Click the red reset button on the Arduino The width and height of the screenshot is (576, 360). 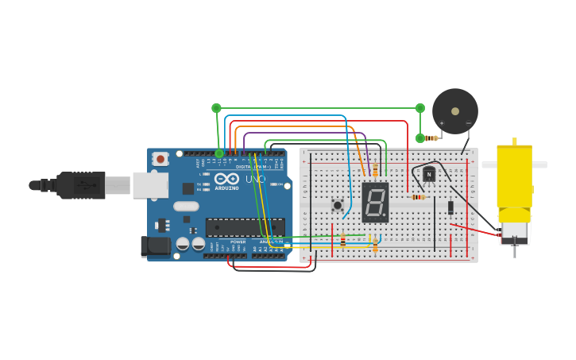(160, 159)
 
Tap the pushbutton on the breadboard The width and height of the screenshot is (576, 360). (338, 205)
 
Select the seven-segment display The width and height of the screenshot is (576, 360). (375, 202)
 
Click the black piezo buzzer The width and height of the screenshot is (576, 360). (454, 110)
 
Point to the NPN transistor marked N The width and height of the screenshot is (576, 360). (429, 174)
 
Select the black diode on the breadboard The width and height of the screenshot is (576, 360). (450, 207)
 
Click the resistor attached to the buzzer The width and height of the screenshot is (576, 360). (431, 138)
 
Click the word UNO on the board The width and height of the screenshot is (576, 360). (255, 180)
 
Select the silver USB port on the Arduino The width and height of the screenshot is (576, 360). (150, 185)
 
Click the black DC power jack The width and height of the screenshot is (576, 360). (156, 246)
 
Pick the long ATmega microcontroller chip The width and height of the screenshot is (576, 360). (245, 227)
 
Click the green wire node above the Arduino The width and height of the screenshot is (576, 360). (216, 108)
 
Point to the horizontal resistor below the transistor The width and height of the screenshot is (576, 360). (418, 197)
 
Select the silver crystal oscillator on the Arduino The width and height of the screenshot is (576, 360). (186, 207)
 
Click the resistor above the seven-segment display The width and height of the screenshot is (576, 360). (375, 168)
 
